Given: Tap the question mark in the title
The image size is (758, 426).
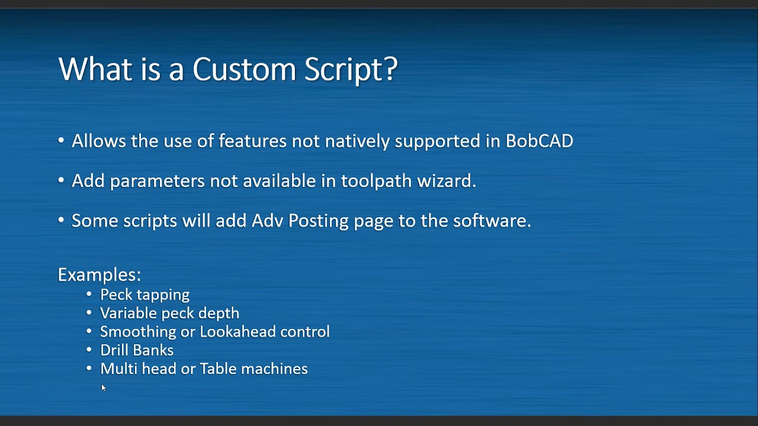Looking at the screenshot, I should coord(391,69).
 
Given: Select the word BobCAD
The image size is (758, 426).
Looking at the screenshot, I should coord(539,141).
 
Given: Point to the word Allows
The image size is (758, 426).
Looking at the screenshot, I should coord(99,141).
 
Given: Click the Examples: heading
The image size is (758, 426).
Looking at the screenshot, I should coord(99,275).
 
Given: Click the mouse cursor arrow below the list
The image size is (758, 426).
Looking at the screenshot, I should coord(103,388).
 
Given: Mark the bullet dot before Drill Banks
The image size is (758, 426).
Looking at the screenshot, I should coord(89,350).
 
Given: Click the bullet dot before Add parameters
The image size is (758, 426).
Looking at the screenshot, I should coord(61,180).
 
